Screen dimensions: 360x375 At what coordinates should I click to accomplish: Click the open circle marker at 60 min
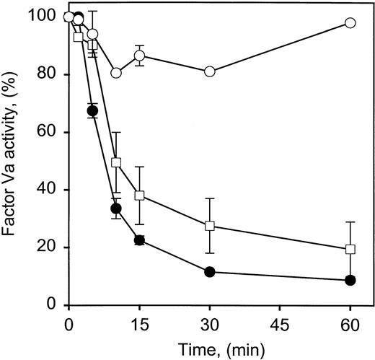tap(350, 23)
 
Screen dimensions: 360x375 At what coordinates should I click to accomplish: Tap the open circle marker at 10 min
tap(116, 73)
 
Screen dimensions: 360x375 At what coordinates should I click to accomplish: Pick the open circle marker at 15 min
tap(140, 56)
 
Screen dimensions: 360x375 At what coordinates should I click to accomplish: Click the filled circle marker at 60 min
tap(350, 280)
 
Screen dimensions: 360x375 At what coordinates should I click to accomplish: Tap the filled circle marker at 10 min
tap(116, 208)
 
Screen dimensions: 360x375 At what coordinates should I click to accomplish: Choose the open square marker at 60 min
tap(350, 249)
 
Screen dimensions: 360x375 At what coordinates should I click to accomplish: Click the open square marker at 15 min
tap(140, 196)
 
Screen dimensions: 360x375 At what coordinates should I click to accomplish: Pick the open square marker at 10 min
tap(116, 162)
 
